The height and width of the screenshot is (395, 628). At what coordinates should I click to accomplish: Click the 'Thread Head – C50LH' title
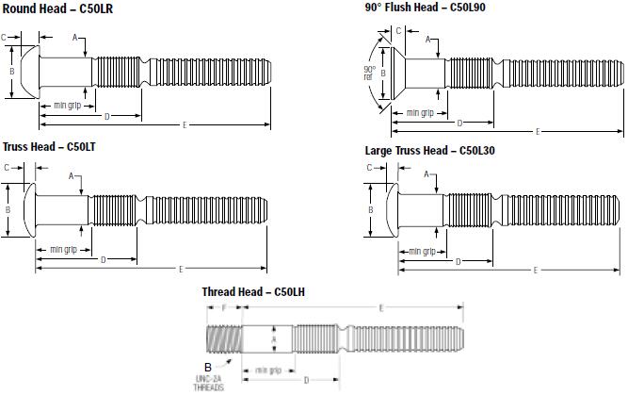pyautogui.click(x=252, y=292)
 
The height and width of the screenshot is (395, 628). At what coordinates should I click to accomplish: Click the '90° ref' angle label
pyautogui.click(x=370, y=73)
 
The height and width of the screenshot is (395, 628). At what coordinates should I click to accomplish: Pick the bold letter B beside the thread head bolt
pyautogui.click(x=207, y=366)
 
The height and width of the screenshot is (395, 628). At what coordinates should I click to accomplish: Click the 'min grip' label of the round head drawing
pyautogui.click(x=66, y=105)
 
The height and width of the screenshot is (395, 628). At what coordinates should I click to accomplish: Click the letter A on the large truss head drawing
pyautogui.click(x=426, y=174)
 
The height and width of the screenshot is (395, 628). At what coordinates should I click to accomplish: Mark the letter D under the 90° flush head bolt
pyautogui.click(x=459, y=123)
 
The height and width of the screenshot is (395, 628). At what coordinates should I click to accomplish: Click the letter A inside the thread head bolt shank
pyautogui.click(x=274, y=338)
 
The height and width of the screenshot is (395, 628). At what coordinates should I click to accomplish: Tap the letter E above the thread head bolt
pyautogui.click(x=379, y=307)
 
